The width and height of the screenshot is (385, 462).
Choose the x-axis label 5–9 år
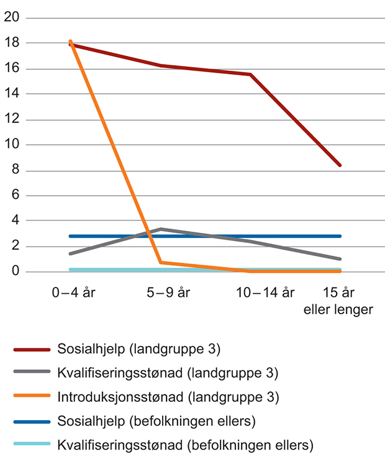pos(161,292)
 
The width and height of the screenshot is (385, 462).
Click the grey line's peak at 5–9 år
pos(161,229)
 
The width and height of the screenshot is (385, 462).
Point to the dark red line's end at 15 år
pos(340,165)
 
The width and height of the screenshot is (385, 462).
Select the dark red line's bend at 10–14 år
pos(250,75)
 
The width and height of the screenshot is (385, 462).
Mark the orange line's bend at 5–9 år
pos(161,262)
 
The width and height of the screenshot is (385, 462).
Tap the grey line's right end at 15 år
pos(340,259)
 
